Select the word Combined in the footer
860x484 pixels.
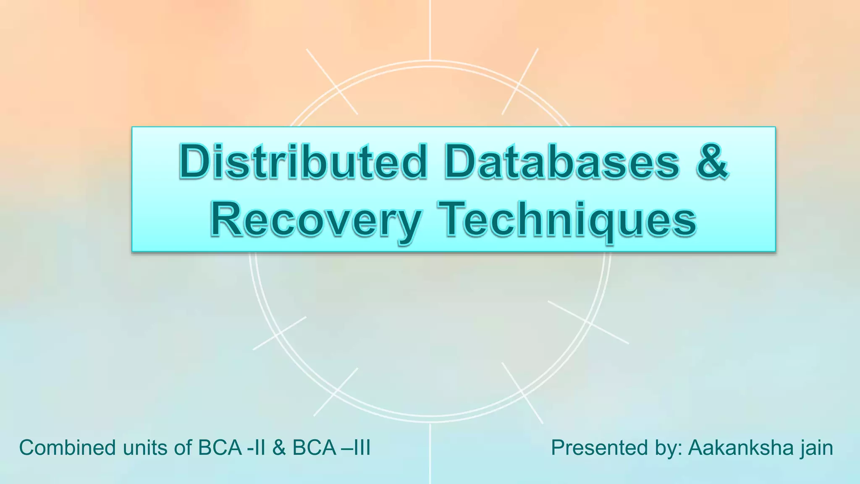coord(68,448)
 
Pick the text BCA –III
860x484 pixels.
coord(332,448)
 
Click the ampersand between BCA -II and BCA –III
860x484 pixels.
coord(279,448)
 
